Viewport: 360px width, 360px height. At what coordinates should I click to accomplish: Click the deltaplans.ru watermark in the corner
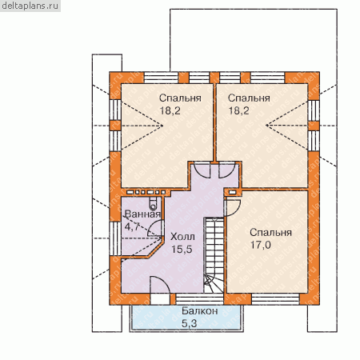pyautogui.click(x=30, y=6)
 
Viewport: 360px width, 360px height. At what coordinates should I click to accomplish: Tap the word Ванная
pyautogui.click(x=142, y=214)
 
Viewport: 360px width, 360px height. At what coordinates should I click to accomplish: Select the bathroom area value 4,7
pyautogui.click(x=132, y=226)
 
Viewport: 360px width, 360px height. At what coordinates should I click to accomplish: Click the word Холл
pyautogui.click(x=182, y=237)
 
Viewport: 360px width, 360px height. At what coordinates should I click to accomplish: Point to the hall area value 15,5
pyautogui.click(x=182, y=250)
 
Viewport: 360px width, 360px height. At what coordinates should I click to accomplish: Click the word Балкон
pyautogui.click(x=200, y=310)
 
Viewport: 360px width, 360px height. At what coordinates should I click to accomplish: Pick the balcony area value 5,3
pyautogui.click(x=190, y=323)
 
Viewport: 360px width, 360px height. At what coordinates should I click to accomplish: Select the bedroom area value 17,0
pyautogui.click(x=261, y=245)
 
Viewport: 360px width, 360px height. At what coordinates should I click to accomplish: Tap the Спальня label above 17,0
pyautogui.click(x=270, y=232)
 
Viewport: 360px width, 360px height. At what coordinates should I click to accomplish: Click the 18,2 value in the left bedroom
pyautogui.click(x=170, y=110)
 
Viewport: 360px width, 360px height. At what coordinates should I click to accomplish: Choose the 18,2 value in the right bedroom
pyautogui.click(x=238, y=110)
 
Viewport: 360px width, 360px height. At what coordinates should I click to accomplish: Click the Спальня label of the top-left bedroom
pyautogui.click(x=180, y=98)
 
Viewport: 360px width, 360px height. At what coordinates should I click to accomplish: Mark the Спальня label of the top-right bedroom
pyautogui.click(x=249, y=98)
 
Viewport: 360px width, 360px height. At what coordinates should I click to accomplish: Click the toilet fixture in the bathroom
pyautogui.click(x=153, y=204)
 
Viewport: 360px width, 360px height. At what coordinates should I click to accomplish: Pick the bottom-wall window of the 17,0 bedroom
pyautogui.click(x=275, y=299)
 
